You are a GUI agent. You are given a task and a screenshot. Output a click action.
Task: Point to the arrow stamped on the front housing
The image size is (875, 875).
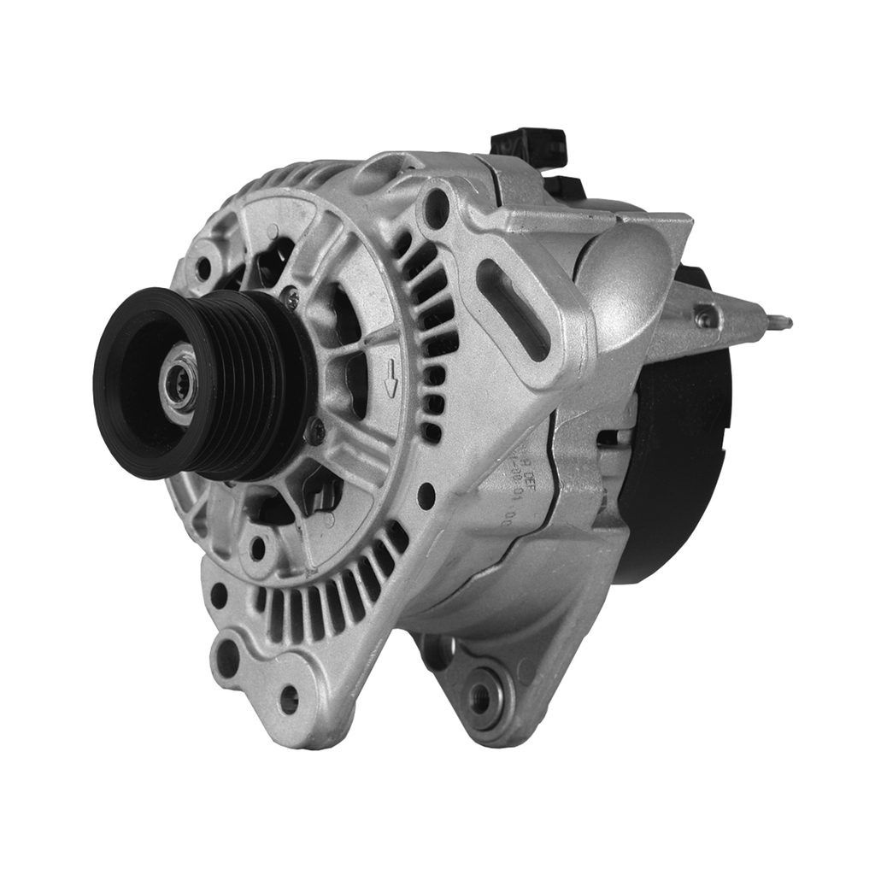click(x=391, y=377)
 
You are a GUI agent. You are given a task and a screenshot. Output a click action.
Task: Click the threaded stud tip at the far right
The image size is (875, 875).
click(x=783, y=323)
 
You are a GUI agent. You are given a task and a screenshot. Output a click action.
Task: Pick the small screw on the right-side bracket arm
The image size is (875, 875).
click(x=706, y=318)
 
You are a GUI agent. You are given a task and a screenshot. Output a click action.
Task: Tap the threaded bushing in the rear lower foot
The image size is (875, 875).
click(x=483, y=696)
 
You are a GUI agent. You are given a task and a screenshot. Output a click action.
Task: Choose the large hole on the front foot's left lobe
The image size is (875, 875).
click(x=228, y=657)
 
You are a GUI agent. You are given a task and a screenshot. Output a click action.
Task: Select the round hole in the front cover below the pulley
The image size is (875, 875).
click(x=257, y=548)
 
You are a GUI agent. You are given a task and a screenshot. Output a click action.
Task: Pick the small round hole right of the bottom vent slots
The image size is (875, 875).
click(x=426, y=495)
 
